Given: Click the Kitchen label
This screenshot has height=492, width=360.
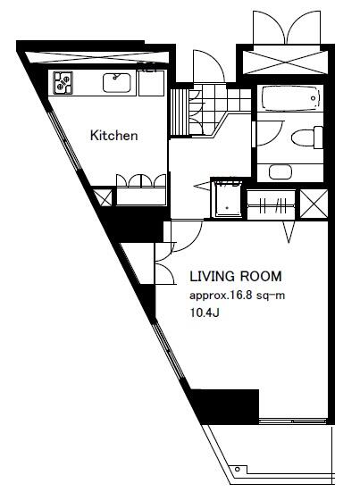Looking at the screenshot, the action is (x=114, y=136).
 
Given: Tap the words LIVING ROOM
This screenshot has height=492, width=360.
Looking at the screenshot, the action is (x=236, y=277).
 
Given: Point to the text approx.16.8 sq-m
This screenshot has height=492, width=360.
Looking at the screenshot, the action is (x=238, y=296).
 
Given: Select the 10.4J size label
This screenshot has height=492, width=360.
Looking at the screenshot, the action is (x=205, y=313).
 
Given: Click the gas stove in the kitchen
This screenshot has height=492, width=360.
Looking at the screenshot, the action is (x=63, y=83).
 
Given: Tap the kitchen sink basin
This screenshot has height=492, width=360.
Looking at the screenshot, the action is (x=117, y=83).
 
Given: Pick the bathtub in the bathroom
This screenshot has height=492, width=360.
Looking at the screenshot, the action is (x=290, y=98).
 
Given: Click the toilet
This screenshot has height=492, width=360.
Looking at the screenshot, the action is (x=307, y=138).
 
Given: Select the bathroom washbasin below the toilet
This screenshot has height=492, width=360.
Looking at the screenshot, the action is (x=280, y=172).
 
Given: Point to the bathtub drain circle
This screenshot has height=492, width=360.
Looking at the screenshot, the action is (x=313, y=98).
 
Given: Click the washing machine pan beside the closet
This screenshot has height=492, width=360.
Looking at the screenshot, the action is (x=228, y=198).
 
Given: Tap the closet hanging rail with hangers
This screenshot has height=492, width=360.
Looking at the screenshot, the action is (x=272, y=205).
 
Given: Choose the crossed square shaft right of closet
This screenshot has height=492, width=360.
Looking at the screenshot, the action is (x=314, y=204).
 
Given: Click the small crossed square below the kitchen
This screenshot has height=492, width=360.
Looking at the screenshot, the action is (x=103, y=196).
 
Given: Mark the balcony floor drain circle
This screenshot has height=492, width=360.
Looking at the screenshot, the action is (x=238, y=470).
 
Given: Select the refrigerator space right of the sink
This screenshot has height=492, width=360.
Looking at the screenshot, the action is (x=151, y=83).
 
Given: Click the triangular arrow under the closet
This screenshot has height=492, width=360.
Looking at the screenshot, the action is (x=289, y=232).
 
